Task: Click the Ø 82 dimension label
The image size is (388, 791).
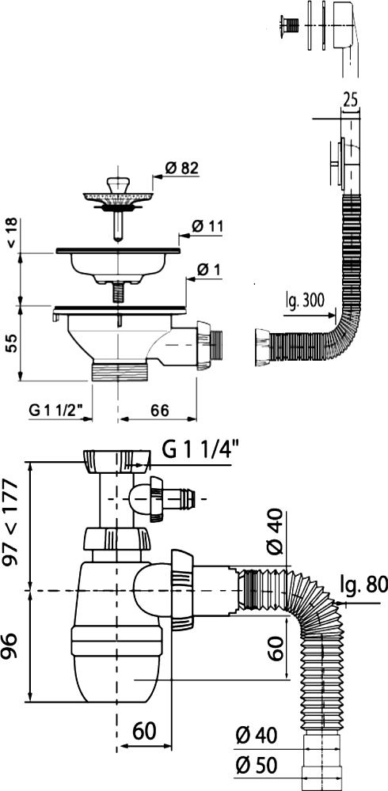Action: coord(182,168)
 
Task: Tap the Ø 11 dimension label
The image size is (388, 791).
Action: coord(207,226)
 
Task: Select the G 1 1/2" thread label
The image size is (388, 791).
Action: coord(56,410)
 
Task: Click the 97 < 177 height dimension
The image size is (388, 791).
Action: coord(10,523)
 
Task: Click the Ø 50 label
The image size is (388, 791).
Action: coord(257,766)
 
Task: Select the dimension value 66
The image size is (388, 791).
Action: coord(158,410)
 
